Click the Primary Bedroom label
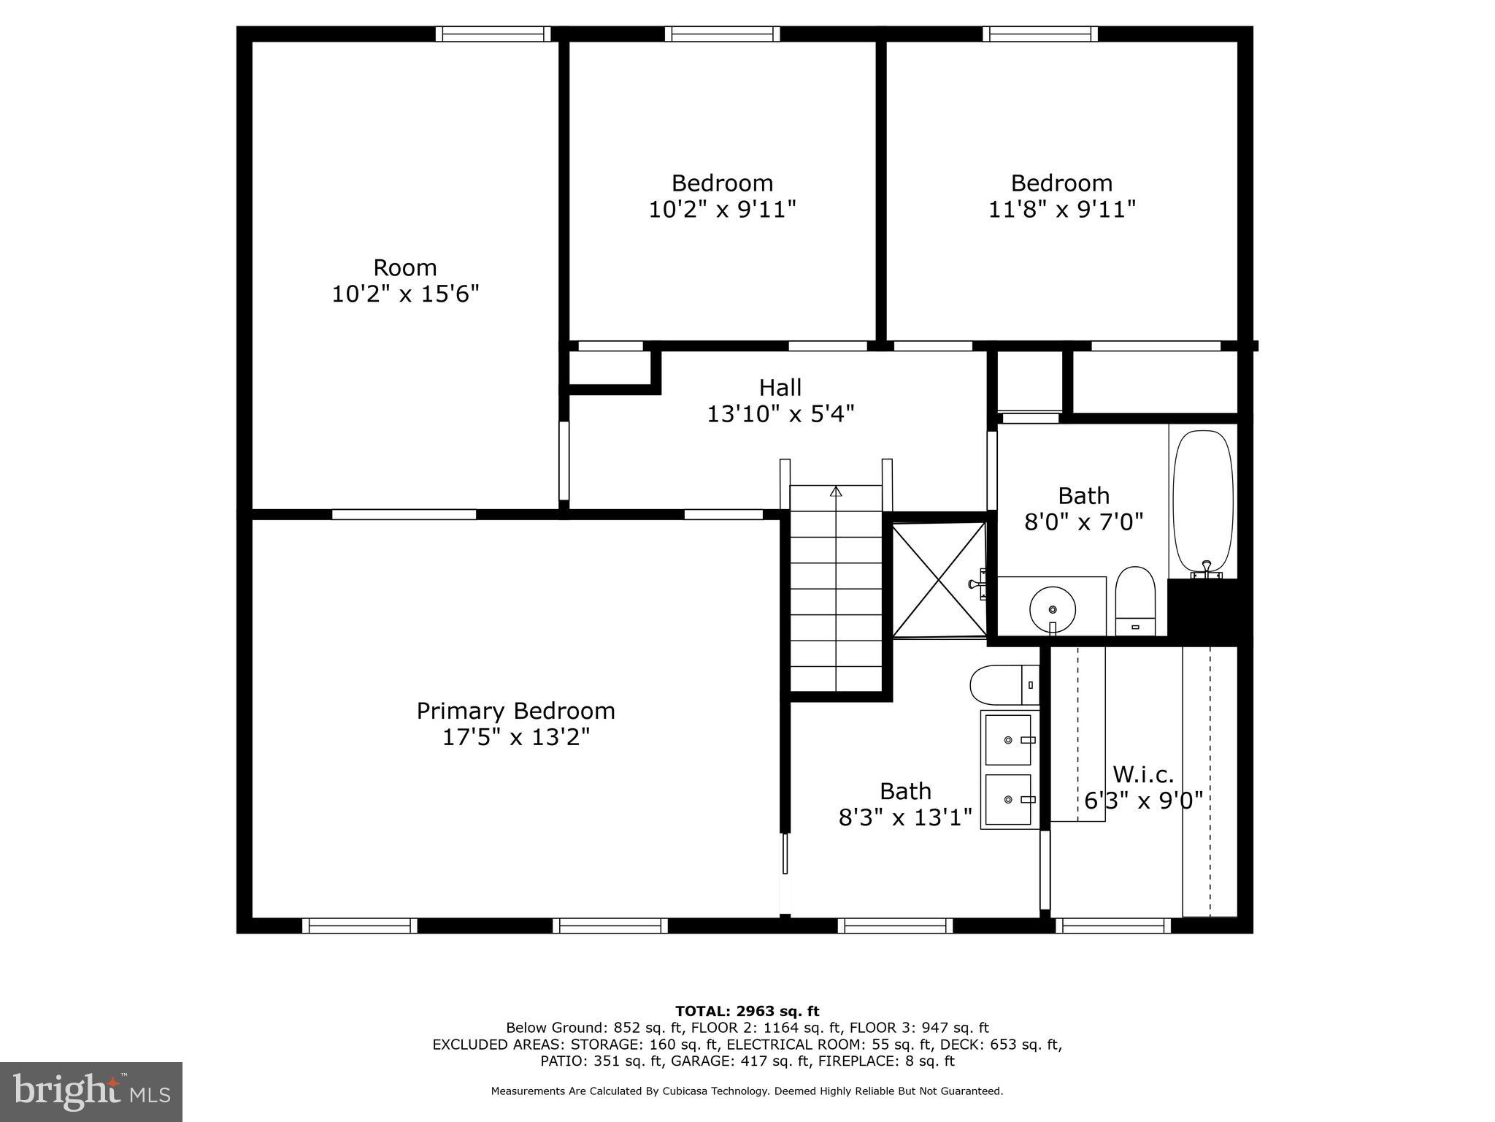tap(515, 711)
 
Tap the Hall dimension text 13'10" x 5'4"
tap(780, 414)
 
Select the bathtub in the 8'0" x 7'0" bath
tap(1203, 500)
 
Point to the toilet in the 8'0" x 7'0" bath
tap(1135, 600)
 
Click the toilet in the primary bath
tap(1002, 684)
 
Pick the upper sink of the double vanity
tap(1009, 739)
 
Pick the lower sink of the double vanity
tap(1009, 799)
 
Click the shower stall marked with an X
tap(939, 579)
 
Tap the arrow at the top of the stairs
tap(836, 492)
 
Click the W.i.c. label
tap(1143, 774)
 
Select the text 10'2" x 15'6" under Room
tap(405, 294)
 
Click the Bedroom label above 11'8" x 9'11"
tap(1061, 183)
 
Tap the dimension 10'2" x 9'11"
tap(722, 210)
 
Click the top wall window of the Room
tap(493, 34)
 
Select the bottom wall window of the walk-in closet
tap(1112, 926)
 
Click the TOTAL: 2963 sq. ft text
tap(747, 1012)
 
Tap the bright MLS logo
tap(91, 1092)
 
